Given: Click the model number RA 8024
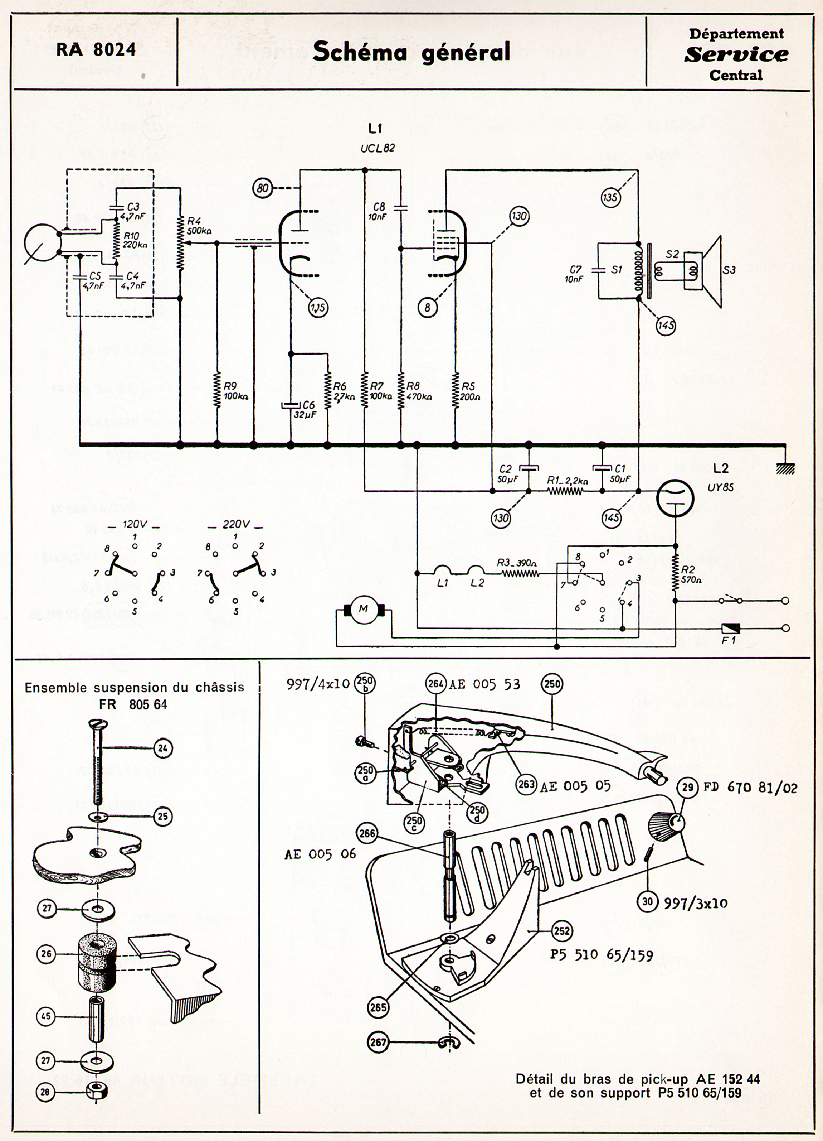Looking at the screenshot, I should click(x=96, y=50).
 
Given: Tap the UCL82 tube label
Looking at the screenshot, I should click(x=377, y=148).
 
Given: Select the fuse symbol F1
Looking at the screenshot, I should click(x=730, y=629).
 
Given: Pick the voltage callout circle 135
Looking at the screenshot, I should click(x=611, y=198).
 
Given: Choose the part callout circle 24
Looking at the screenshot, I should click(x=162, y=748).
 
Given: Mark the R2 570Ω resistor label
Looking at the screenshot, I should click(x=691, y=574).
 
